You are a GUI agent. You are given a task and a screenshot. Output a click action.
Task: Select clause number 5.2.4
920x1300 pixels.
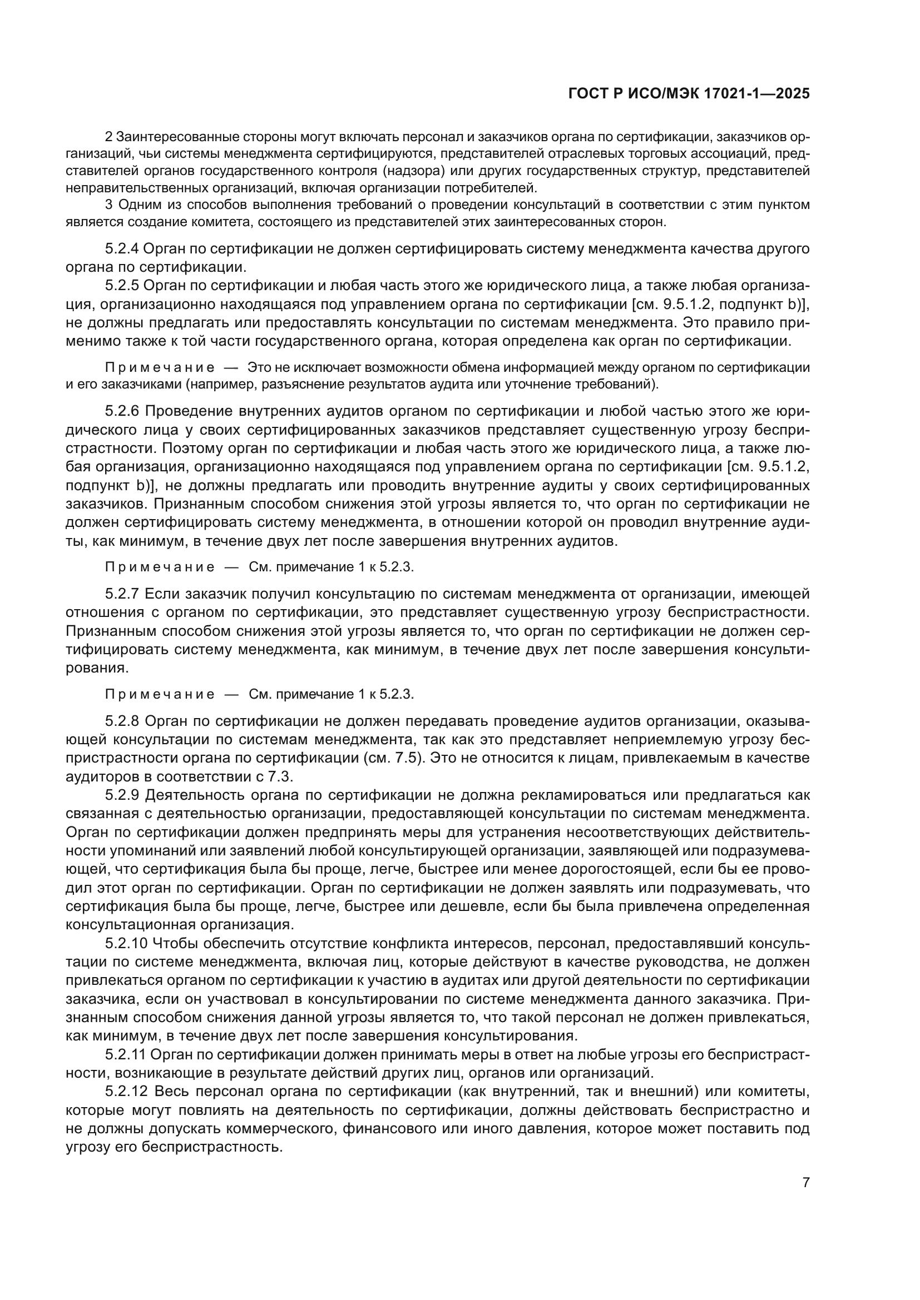122,248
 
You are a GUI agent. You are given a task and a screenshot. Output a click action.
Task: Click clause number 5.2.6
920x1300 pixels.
122,411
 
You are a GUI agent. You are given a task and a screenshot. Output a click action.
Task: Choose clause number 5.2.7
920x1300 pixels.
122,594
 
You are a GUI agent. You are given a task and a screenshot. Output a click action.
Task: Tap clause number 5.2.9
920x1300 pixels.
122,795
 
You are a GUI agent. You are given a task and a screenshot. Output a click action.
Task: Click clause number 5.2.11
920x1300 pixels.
126,1054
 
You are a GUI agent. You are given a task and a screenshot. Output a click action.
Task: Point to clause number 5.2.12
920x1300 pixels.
126,1091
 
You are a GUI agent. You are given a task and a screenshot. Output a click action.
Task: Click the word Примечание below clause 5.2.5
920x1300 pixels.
160,367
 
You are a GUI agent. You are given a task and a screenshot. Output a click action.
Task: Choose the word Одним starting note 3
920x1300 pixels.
133,205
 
